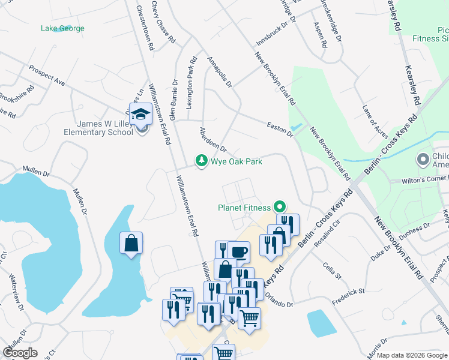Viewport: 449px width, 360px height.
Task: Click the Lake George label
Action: pyautogui.click(x=62, y=28)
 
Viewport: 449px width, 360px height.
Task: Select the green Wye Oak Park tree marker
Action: pyautogui.click(x=201, y=161)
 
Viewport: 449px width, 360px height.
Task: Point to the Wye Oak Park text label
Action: pyautogui.click(x=236, y=161)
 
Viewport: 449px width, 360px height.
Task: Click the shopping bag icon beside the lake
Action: pyautogui.click(x=131, y=244)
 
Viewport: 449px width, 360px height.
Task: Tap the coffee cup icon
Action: pyautogui.click(x=238, y=251)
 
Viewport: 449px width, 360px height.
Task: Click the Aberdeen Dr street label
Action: pyautogui.click(x=212, y=139)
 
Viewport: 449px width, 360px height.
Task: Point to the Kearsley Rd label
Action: pyautogui.click(x=414, y=78)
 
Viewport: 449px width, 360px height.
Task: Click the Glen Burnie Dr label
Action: pyautogui.click(x=173, y=100)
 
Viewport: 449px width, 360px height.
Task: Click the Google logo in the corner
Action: pyautogui.click(x=20, y=352)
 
